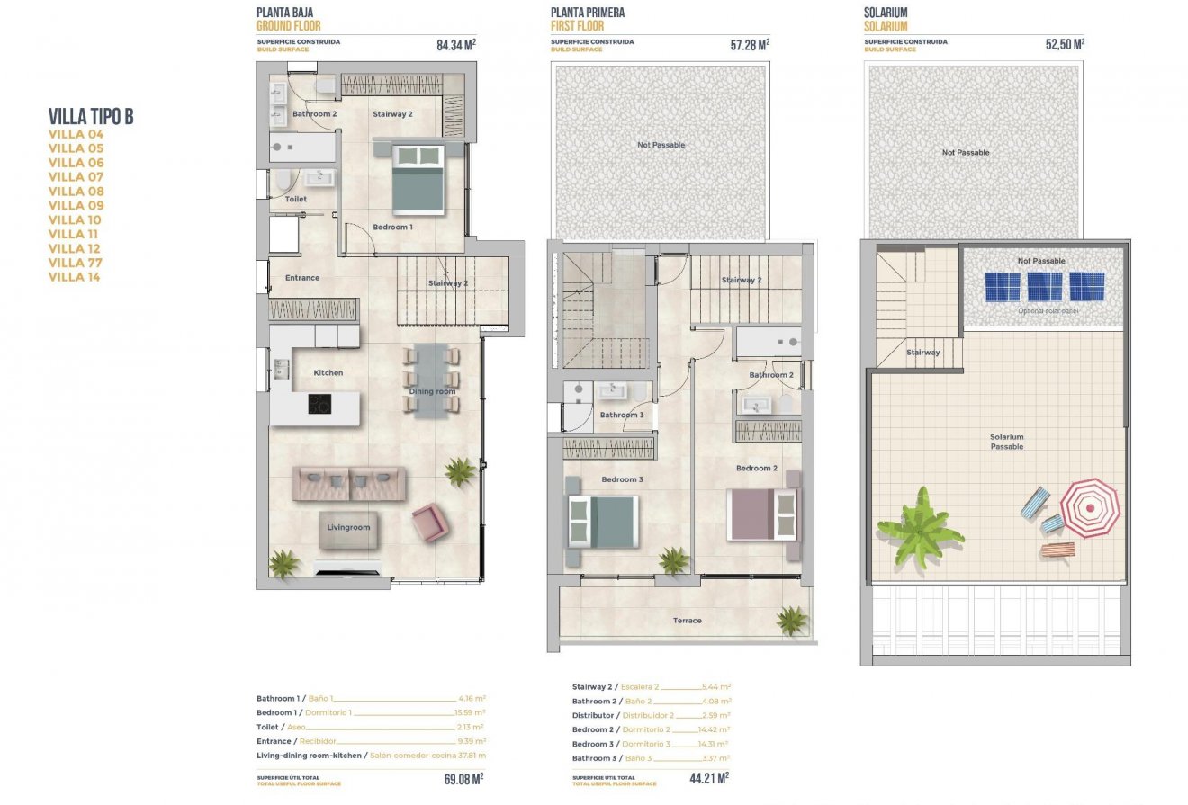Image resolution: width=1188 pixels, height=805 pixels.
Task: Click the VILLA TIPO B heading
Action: click(x=91, y=116)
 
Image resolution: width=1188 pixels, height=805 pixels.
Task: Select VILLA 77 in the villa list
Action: click(x=76, y=263)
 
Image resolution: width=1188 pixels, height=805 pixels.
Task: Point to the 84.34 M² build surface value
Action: click(x=455, y=44)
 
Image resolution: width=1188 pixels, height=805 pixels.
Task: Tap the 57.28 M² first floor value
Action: click(x=750, y=44)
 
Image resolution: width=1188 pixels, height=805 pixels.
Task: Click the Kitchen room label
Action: click(x=328, y=372)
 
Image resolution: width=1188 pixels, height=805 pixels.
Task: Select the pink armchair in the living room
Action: click(x=429, y=522)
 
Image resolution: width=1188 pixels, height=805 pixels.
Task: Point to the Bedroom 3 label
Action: click(x=622, y=479)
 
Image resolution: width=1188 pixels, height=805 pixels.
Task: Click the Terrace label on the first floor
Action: click(x=687, y=620)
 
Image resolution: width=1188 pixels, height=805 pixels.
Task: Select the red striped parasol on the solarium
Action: click(x=1090, y=507)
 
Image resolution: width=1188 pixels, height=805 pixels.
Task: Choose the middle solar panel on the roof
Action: click(x=1044, y=287)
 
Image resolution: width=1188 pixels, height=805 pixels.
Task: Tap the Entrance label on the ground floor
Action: click(x=301, y=278)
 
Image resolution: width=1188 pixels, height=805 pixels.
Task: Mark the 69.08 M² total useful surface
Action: click(x=463, y=778)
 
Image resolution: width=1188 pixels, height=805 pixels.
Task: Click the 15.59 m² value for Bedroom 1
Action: click(x=470, y=712)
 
